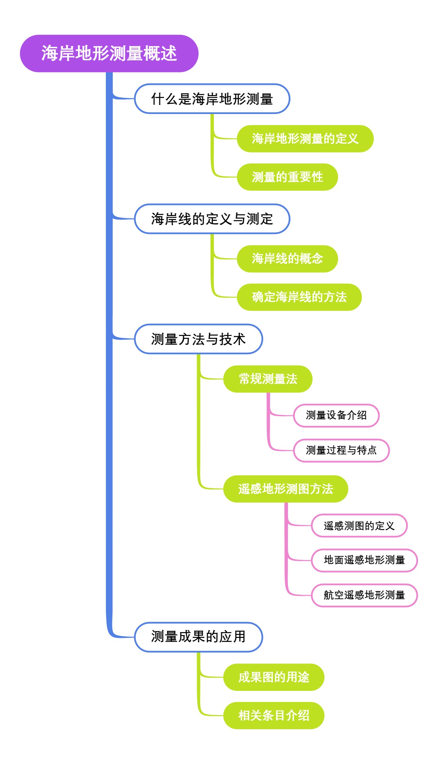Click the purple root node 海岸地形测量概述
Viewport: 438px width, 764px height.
click(x=109, y=53)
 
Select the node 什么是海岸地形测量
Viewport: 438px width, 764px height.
click(x=212, y=99)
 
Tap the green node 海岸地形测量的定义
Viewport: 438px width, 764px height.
click(x=305, y=139)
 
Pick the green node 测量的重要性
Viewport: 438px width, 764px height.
click(x=287, y=177)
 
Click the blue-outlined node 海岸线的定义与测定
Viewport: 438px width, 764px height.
click(x=212, y=219)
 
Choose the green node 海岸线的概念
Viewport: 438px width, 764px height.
click(x=287, y=259)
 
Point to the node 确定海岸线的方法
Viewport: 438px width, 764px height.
click(x=299, y=297)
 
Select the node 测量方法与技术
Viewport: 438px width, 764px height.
click(x=198, y=339)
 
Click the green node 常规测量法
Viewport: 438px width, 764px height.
click(x=268, y=379)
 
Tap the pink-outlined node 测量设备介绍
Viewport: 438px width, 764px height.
click(x=336, y=415)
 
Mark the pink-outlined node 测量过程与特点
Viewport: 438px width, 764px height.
click(x=341, y=450)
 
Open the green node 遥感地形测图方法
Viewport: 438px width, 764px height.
click(x=285, y=489)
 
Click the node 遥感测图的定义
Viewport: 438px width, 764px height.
click(x=359, y=526)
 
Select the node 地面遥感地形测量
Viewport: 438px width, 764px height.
click(x=364, y=560)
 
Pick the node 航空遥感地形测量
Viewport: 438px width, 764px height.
click(x=364, y=595)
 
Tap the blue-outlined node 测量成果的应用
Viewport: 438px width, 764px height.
click(x=198, y=637)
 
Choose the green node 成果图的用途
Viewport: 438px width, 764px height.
click(x=273, y=677)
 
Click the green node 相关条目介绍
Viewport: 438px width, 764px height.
click(x=273, y=715)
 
